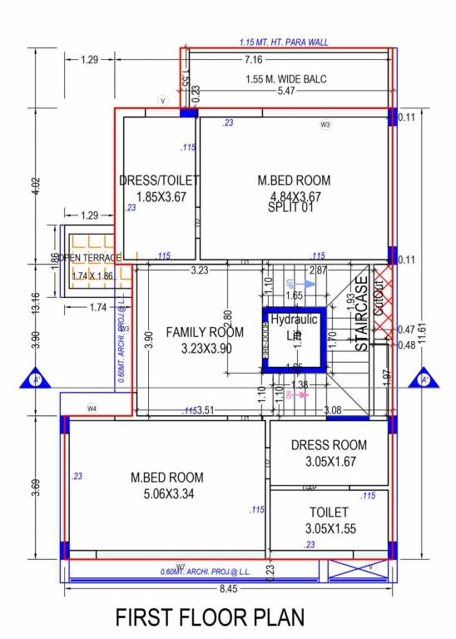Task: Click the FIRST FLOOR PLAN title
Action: (209, 617)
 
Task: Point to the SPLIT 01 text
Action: (290, 208)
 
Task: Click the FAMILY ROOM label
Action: (205, 332)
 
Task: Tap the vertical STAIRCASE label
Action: (362, 314)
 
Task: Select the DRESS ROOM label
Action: (329, 445)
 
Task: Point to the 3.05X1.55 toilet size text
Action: (329, 528)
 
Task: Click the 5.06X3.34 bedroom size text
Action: (166, 493)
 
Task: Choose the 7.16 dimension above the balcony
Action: (254, 59)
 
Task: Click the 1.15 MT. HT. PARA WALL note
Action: (284, 42)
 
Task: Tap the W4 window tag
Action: (92, 409)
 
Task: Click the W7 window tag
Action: (180, 567)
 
